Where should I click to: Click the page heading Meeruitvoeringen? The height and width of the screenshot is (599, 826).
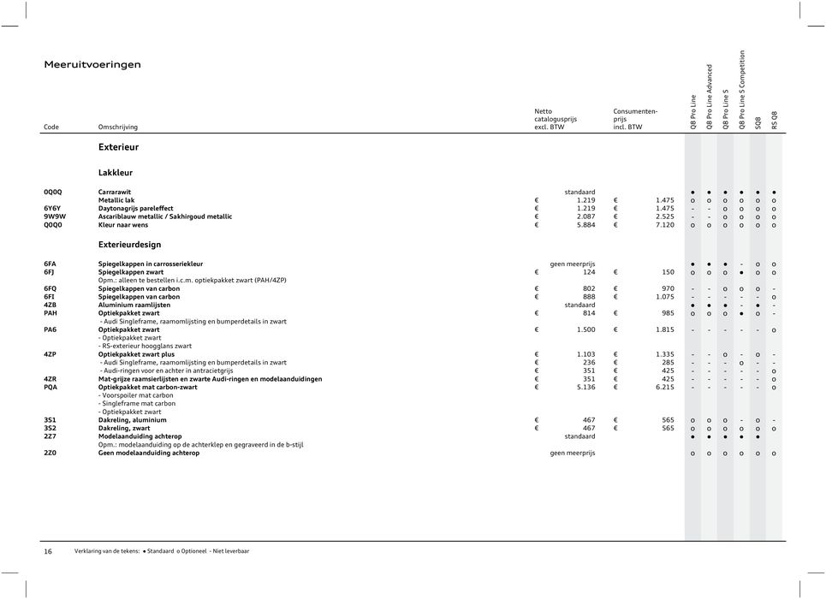coord(92,64)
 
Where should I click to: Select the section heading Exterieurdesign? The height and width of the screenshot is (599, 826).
coord(130,245)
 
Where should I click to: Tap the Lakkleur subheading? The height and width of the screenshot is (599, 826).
coord(116,173)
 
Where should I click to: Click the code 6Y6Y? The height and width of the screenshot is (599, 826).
coord(53,208)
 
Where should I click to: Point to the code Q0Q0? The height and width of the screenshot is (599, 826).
coord(53,225)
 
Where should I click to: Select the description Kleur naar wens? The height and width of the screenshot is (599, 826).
coord(124,225)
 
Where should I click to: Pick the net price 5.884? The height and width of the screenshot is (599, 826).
coord(583,225)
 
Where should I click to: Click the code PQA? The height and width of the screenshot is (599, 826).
coord(51,387)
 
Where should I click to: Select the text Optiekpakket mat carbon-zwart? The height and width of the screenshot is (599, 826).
coord(147,387)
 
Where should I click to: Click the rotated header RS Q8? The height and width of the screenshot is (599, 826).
coord(775,120)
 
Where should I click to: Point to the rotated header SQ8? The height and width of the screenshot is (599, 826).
coord(758,122)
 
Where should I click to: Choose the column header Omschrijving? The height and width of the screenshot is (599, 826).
coord(118,127)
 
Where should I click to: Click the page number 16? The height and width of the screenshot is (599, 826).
coord(48,551)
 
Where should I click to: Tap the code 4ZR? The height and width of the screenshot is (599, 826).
coord(51,378)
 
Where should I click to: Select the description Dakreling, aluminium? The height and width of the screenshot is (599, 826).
coord(133,420)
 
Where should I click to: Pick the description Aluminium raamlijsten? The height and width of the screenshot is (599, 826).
coord(137,305)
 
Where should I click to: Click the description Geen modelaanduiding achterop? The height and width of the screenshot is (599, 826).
coord(148,453)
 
